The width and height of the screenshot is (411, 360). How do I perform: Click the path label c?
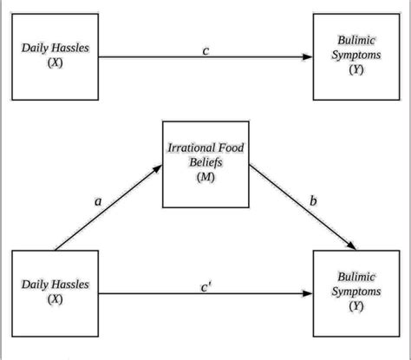point(205,49)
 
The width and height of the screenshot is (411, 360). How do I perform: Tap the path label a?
point(98,200)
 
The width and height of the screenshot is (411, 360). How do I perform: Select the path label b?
point(312,201)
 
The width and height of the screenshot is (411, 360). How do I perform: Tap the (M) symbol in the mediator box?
point(205,177)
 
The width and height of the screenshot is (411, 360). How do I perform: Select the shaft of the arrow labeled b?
point(299,208)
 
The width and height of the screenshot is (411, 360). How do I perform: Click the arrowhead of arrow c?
point(308,58)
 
